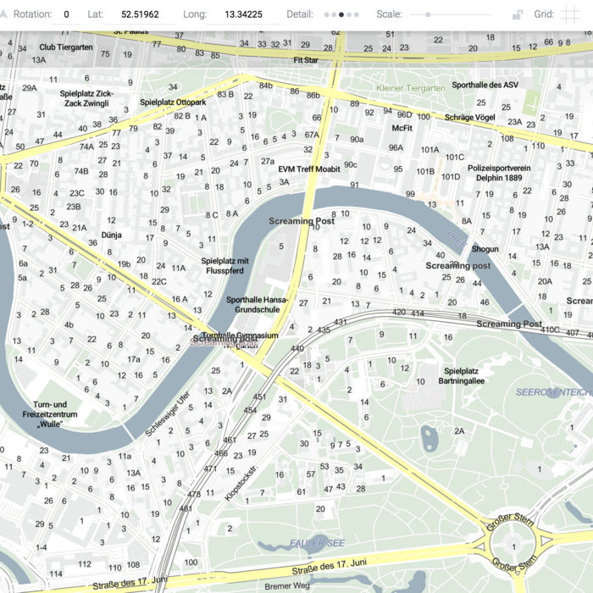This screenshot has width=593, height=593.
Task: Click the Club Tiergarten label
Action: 66,47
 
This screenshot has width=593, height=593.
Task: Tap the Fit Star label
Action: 305,60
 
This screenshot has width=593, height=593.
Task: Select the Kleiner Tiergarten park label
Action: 410,88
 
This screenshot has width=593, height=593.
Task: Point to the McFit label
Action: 402,128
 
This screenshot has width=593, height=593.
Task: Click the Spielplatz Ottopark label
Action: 173,103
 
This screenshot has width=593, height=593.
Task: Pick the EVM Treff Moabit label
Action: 309,169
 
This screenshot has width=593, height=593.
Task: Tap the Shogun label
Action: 485,249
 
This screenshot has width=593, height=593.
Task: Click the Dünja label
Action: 112,235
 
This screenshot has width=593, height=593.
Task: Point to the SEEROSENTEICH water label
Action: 552,392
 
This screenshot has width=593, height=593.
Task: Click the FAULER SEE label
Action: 317,542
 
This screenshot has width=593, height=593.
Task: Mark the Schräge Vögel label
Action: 470,117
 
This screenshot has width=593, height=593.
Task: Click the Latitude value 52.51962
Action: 140,14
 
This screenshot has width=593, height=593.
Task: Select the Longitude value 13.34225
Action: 243,14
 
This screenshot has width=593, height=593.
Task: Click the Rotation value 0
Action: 66,14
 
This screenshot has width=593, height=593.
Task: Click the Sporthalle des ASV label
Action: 485,85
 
